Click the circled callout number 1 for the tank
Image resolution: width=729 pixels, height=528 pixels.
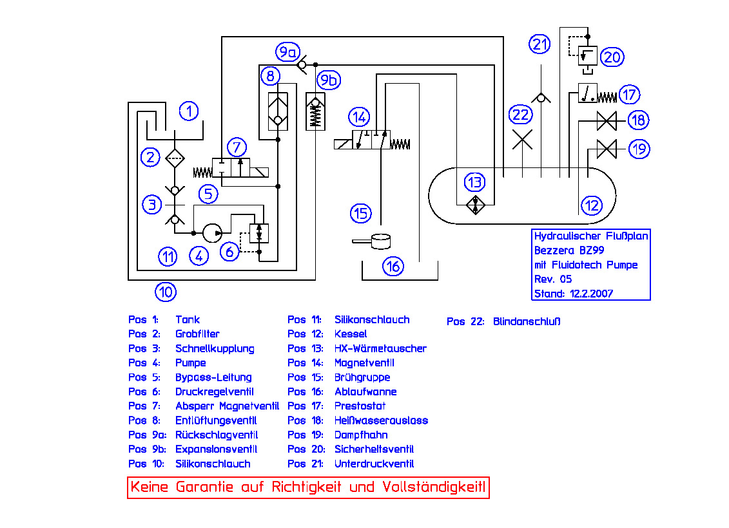[189, 111]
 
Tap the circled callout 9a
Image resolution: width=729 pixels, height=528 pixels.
[286, 52]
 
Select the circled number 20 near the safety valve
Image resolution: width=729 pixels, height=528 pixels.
[612, 57]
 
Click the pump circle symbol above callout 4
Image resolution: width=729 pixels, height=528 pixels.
[211, 233]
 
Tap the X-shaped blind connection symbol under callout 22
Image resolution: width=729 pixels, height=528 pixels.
[521, 139]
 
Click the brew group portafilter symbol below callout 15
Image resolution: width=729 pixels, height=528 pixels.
[377, 241]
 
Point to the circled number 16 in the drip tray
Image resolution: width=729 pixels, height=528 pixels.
[393, 265]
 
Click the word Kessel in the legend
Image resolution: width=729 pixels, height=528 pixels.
[351, 334]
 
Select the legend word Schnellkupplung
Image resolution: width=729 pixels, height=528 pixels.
[215, 348]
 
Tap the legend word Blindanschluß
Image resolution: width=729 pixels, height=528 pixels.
[527, 321]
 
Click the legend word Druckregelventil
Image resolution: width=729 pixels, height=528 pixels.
[215, 391]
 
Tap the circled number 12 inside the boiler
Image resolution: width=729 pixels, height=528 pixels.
[591, 205]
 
